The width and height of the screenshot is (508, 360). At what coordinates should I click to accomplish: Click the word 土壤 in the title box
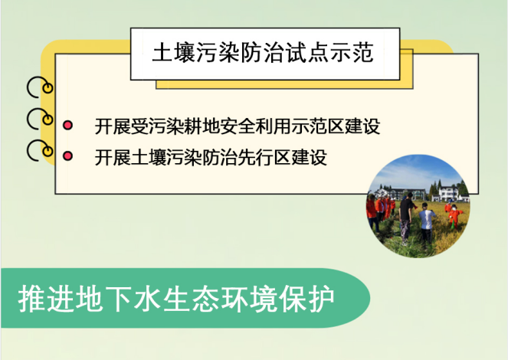click(174, 52)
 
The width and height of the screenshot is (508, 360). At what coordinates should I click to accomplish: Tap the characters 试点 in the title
click(307, 52)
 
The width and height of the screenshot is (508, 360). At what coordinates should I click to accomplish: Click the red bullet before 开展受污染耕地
click(67, 126)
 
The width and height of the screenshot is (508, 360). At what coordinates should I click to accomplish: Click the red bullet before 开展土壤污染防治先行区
click(67, 156)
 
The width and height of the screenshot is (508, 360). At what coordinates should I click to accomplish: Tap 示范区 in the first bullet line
click(317, 126)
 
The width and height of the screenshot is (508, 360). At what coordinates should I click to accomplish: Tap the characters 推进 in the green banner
click(46, 298)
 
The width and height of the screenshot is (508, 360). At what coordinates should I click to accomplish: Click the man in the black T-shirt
click(405, 218)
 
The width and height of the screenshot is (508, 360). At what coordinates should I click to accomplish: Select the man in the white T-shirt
click(426, 223)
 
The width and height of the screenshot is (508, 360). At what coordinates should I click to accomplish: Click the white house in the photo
click(449, 194)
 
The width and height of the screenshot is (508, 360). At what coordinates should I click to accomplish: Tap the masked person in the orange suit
click(454, 216)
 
